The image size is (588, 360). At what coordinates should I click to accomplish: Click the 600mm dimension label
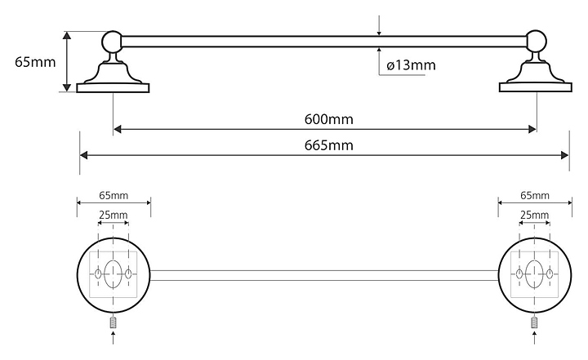tap(328, 119)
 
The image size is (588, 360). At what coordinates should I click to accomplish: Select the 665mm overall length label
tap(328, 145)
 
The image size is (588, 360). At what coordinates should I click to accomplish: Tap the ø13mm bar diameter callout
tap(411, 65)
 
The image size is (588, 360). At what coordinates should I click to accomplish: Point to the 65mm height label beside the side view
tap(35, 62)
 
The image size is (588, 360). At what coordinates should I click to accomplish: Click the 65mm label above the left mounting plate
tap(114, 195)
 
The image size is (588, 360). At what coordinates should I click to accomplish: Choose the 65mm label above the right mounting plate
tap(535, 195)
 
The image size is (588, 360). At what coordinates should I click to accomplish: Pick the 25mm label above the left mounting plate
tap(114, 216)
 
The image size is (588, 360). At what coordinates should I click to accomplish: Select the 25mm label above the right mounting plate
tap(534, 216)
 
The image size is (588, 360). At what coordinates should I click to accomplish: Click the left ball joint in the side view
tap(112, 42)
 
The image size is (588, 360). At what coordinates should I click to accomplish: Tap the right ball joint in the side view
tap(537, 42)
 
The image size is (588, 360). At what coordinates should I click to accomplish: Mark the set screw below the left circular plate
tap(114, 322)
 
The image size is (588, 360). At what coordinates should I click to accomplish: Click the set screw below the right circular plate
tap(534, 322)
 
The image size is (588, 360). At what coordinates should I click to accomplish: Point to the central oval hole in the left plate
tap(113, 273)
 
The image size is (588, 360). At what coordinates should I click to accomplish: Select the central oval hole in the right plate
tap(534, 273)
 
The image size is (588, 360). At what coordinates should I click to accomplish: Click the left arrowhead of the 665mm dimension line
tap(83, 155)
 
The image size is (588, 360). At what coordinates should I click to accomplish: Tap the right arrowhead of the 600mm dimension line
tap(532, 129)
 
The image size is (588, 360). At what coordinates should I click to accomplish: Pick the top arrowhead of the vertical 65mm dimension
tap(67, 36)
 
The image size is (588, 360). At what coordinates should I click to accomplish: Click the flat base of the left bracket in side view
tap(113, 88)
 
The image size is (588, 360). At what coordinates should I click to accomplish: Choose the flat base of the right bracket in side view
tap(536, 87)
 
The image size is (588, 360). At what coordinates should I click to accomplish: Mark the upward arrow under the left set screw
tap(114, 337)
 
